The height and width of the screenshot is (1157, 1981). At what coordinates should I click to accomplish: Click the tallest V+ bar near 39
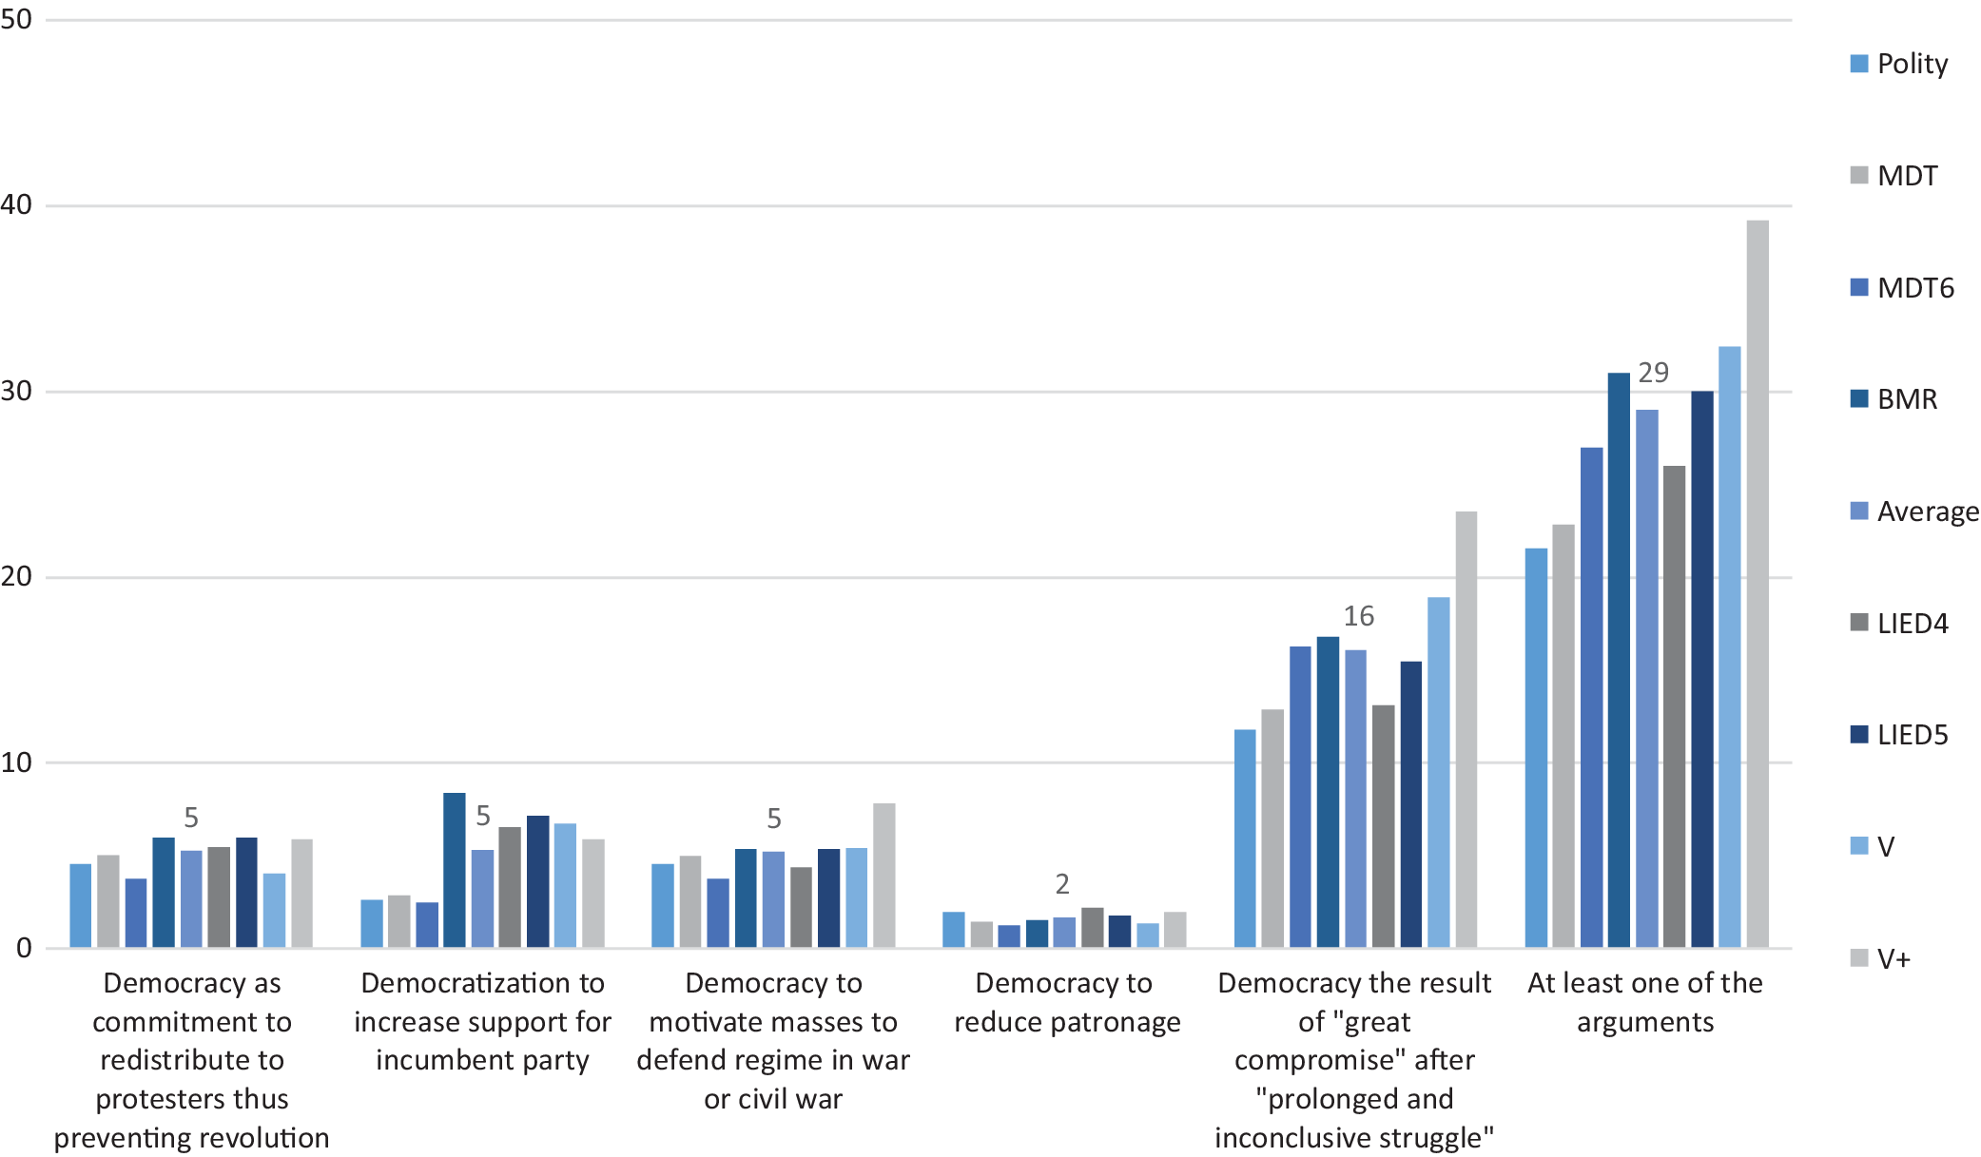(1758, 584)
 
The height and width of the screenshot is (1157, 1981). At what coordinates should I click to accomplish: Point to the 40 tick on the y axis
(16, 204)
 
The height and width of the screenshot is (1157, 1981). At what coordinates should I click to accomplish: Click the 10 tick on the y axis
(16, 762)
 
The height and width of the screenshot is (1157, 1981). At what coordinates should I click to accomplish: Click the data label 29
(1653, 373)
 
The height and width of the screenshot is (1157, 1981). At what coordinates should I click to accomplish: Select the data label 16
(1358, 616)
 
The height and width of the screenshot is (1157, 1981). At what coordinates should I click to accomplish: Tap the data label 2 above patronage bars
(1062, 884)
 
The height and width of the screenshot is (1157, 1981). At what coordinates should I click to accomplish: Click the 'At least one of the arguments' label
(1645, 1002)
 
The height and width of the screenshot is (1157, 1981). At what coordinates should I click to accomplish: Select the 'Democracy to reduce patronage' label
(1066, 1002)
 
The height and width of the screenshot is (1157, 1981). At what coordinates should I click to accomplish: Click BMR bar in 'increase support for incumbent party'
(455, 870)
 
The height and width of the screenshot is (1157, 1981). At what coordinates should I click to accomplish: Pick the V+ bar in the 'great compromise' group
(1466, 729)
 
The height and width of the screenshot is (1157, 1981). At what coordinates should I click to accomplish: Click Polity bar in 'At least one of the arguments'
(1536, 748)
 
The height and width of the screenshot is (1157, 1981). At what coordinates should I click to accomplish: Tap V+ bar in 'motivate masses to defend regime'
(884, 876)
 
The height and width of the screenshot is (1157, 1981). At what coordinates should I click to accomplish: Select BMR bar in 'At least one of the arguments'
(1619, 660)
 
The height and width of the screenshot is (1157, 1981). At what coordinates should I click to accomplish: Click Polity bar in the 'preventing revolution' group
(81, 905)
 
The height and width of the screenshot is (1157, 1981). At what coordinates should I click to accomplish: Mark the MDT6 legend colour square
(1859, 287)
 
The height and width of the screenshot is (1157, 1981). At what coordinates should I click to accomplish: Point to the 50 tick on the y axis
(16, 19)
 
